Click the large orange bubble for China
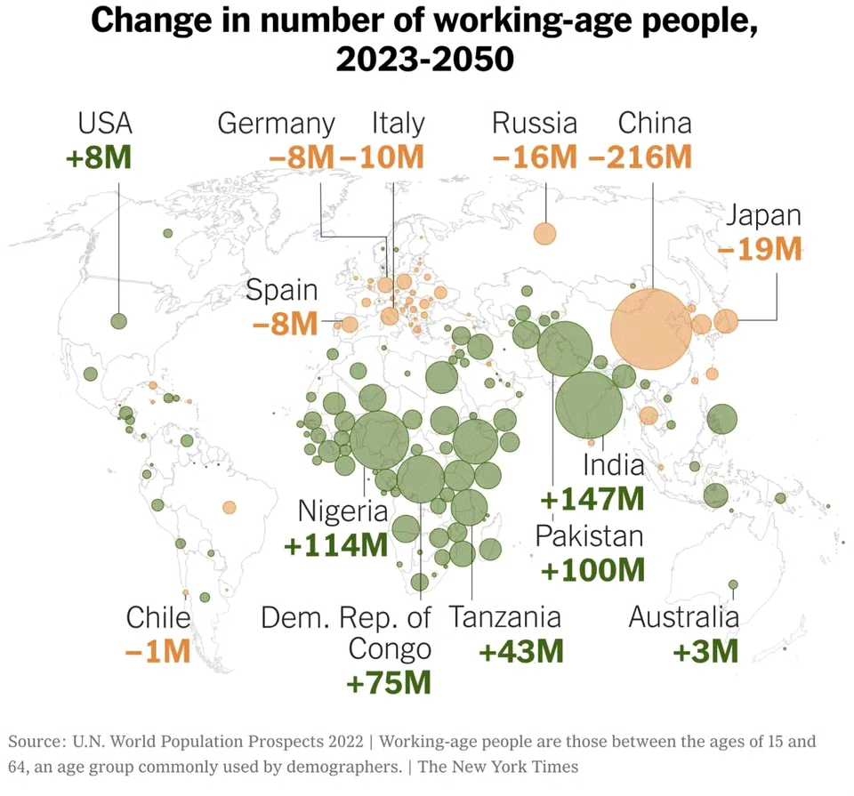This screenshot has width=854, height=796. [651, 328]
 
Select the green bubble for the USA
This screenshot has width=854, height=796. [118, 320]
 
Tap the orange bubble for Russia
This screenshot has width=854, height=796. [544, 234]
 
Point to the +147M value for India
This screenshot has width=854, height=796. [592, 499]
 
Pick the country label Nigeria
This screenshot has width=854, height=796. [342, 511]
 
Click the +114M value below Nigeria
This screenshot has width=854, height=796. [336, 544]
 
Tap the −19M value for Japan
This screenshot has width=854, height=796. [760, 248]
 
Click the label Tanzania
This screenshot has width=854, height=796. [504, 617]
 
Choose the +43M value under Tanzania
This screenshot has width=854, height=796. [521, 651]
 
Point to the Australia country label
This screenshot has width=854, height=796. [683, 617]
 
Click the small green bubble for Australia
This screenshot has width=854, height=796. [733, 584]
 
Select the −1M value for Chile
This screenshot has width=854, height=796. [158, 651]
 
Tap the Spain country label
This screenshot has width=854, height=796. [281, 290]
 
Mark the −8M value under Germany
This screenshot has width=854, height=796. [302, 158]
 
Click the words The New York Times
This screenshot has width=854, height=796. [498, 766]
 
